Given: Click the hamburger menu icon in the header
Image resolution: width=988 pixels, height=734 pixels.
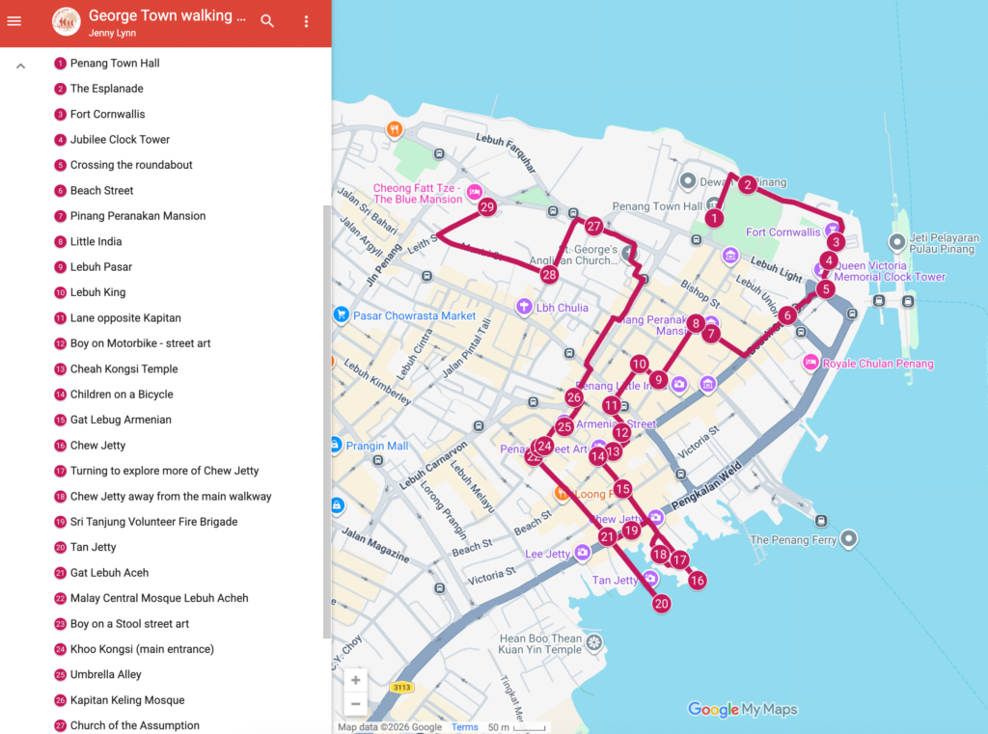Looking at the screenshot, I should pos(14,21).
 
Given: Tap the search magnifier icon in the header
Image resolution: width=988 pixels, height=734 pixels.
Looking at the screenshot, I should pos(267,21).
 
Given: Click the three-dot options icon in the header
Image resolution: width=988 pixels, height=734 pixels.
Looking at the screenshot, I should pos(307,21).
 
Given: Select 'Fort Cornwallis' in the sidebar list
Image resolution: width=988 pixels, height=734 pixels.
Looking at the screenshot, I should pos(107,114).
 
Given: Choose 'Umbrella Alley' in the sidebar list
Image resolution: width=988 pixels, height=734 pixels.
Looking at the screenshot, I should pos(105,674).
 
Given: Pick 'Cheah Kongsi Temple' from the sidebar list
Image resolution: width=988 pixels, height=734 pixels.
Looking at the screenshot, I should pos(123,368).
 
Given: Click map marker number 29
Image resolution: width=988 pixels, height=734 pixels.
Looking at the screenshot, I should pos(487,206).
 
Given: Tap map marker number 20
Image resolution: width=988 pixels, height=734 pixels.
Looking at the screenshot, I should pos(661,604).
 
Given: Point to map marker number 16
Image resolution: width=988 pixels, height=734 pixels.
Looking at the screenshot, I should pos(697,580).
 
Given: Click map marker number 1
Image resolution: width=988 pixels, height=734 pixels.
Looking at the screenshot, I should pos(714,218).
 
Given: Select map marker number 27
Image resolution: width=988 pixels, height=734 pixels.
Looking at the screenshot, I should pos(593,227).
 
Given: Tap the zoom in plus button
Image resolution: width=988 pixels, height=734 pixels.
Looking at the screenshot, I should pos(356,680).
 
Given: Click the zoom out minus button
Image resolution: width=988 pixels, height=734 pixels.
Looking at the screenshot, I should pos(356,704).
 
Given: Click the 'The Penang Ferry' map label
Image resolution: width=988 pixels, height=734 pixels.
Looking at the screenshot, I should pos(793,540).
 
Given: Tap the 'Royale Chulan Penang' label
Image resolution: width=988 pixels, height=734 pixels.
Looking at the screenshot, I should pos(880,364).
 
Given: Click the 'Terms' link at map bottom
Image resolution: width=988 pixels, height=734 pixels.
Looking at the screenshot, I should pos(465,727).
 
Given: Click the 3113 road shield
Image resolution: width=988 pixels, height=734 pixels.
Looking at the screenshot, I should pos(402,688).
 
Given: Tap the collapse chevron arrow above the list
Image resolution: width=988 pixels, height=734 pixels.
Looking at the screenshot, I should pos(21,66).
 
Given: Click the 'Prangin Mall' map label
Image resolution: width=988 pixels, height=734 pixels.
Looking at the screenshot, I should pos(377,446).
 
